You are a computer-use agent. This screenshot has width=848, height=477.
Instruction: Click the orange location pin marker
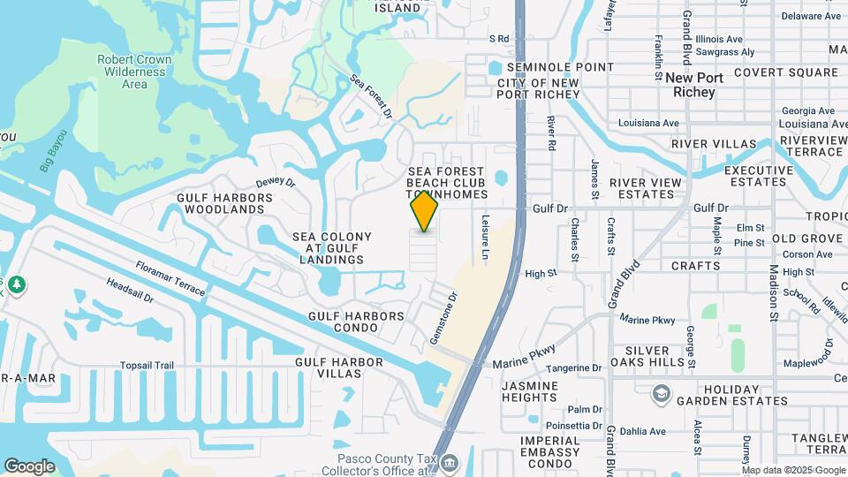pyautogui.click(x=425, y=210)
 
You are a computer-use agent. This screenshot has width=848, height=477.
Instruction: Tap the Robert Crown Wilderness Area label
pyautogui.click(x=134, y=72)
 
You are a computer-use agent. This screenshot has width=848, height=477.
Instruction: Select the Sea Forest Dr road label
pyautogui.click(x=371, y=96)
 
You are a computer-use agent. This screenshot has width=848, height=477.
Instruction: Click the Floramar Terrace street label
pyautogui.click(x=170, y=278)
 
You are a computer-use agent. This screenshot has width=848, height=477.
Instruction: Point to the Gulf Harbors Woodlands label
pyautogui.click(x=221, y=203)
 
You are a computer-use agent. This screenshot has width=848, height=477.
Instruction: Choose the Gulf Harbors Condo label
pyautogui.click(x=356, y=322)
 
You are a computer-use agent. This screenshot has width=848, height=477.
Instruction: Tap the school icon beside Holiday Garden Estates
pyautogui.click(x=661, y=393)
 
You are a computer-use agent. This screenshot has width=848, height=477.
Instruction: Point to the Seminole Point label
pyautogui.click(x=553, y=67)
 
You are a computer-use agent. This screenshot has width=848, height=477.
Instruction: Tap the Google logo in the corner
pyautogui.click(x=29, y=466)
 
